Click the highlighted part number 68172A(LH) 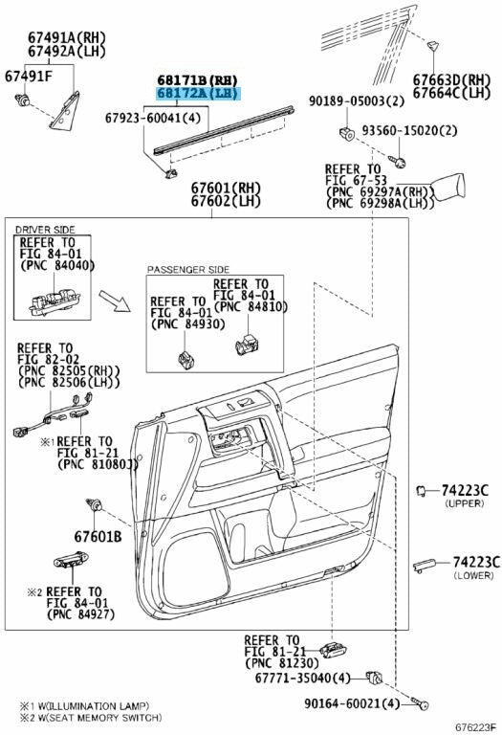point(200,93)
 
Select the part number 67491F point(29,75)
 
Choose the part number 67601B point(98,538)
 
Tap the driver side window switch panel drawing point(45,304)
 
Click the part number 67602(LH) point(226,201)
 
